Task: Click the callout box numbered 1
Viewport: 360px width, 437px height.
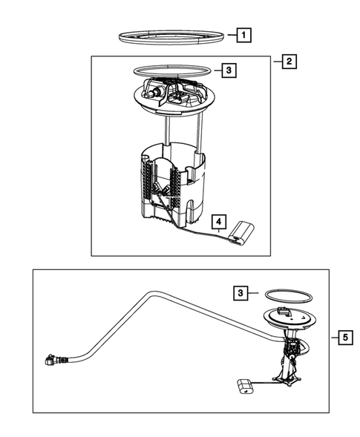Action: [x=243, y=35]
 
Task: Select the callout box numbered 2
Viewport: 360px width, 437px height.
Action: [x=289, y=62]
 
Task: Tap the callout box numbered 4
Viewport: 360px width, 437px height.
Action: [x=219, y=222]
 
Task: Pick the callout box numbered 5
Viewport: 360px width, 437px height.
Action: [x=345, y=338]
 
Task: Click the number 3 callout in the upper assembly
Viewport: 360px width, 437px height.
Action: [x=229, y=70]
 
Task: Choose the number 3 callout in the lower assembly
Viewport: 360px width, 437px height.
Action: [x=240, y=293]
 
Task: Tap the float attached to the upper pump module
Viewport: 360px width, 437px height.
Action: [x=241, y=234]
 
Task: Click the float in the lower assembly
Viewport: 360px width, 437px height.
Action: [x=245, y=387]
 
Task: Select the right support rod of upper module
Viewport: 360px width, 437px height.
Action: [x=199, y=132]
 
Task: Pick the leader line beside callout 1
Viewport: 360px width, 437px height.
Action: [x=232, y=35]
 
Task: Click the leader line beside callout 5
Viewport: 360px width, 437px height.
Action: [x=335, y=338]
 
